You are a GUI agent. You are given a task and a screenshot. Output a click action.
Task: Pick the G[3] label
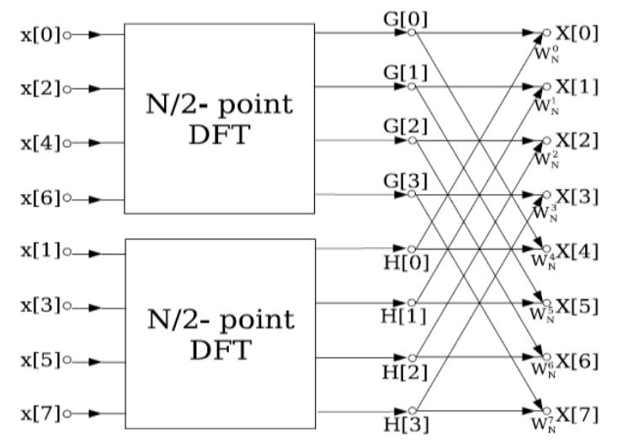pos(404,178)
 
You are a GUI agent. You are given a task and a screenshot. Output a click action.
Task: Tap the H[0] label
pos(404,265)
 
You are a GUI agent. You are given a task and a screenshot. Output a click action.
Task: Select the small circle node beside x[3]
pos(67,305)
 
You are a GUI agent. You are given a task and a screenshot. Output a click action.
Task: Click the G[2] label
pos(404,124)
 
